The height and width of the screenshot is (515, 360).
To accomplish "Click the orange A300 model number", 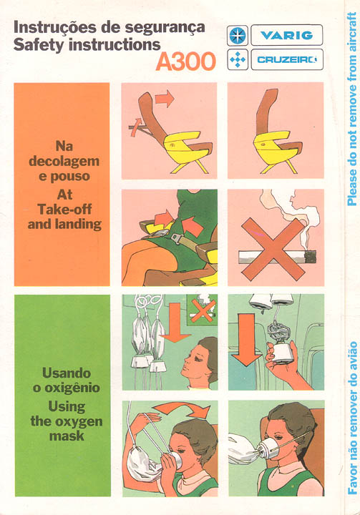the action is [x=186, y=61].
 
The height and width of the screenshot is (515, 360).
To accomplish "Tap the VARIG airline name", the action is [x=287, y=35].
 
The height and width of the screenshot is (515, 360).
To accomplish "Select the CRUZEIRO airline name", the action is [x=287, y=60].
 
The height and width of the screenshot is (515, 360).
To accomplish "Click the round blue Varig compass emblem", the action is [x=238, y=35].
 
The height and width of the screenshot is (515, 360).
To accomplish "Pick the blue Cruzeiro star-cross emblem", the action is [x=238, y=60].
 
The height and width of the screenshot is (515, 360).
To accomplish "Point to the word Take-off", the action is [x=64, y=210].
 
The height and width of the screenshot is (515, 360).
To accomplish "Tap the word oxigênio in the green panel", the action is [x=72, y=388].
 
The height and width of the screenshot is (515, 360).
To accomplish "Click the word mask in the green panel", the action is [x=67, y=436].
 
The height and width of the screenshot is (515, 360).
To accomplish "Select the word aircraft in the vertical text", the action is [x=352, y=32].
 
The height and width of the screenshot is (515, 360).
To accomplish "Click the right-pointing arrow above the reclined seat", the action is [x=165, y=98].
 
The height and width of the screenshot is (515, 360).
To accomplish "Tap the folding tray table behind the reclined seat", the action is [x=140, y=127].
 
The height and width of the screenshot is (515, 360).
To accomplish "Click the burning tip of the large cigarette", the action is [x=311, y=257].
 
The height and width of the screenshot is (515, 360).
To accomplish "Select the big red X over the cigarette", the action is [x=273, y=250].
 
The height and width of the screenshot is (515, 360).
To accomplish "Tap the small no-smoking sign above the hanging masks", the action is [x=202, y=310].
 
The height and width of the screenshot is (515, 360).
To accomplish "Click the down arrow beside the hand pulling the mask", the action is [x=246, y=339].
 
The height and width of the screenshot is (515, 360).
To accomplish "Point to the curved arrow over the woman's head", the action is [x=183, y=409].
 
